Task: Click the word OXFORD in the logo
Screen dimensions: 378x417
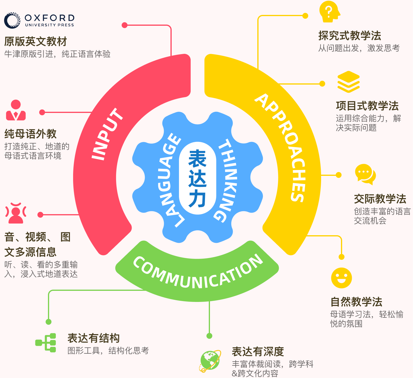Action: click(50, 18)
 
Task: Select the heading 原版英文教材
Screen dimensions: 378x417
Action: click(36, 42)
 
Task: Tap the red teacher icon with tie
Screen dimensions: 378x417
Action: click(16, 110)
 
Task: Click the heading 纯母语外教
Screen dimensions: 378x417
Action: click(30, 134)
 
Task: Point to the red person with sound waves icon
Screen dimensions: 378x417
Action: click(16, 213)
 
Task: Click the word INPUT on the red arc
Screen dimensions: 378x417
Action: click(106, 134)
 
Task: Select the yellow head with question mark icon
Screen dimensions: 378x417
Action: click(329, 12)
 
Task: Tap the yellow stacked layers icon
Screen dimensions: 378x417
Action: click(348, 82)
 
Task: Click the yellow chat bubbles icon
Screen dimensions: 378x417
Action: click(365, 174)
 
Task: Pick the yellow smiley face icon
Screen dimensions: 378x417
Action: click(341, 278)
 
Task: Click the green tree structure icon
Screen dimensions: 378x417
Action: click(46, 342)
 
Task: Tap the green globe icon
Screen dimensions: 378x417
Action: click(210, 361)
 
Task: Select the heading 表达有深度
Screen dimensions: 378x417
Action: click(258, 351)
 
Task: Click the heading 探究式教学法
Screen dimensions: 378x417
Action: click(349, 36)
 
